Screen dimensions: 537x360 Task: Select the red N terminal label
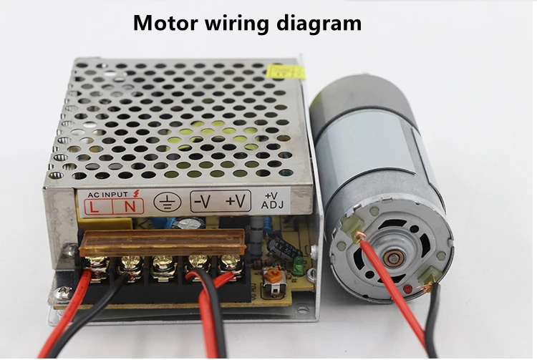(130, 207)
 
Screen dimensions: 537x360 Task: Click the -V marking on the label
(204, 202)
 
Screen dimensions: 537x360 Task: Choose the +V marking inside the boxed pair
(236, 202)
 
